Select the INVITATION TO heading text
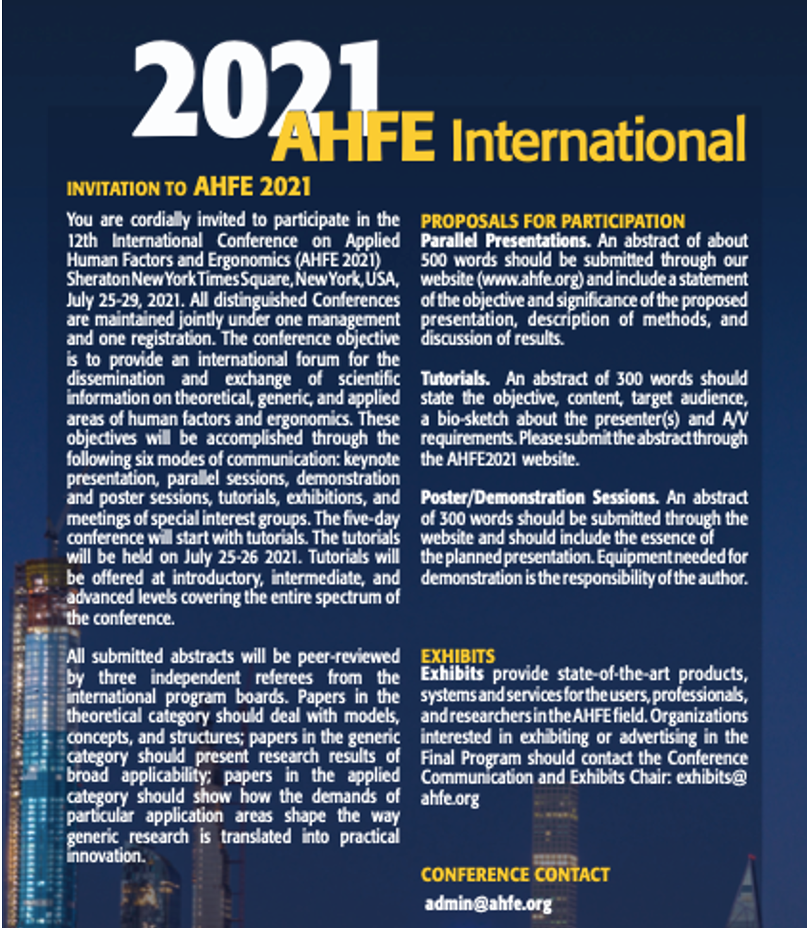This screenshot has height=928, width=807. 127,189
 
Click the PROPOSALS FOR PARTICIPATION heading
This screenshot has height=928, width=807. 553,221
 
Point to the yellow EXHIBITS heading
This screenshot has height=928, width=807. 458,656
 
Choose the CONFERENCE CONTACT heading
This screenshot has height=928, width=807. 515,875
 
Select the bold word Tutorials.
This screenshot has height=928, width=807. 455,379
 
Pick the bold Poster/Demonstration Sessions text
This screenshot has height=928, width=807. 539,498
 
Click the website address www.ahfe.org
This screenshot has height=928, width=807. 530,279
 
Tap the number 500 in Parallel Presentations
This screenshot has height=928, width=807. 434,260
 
